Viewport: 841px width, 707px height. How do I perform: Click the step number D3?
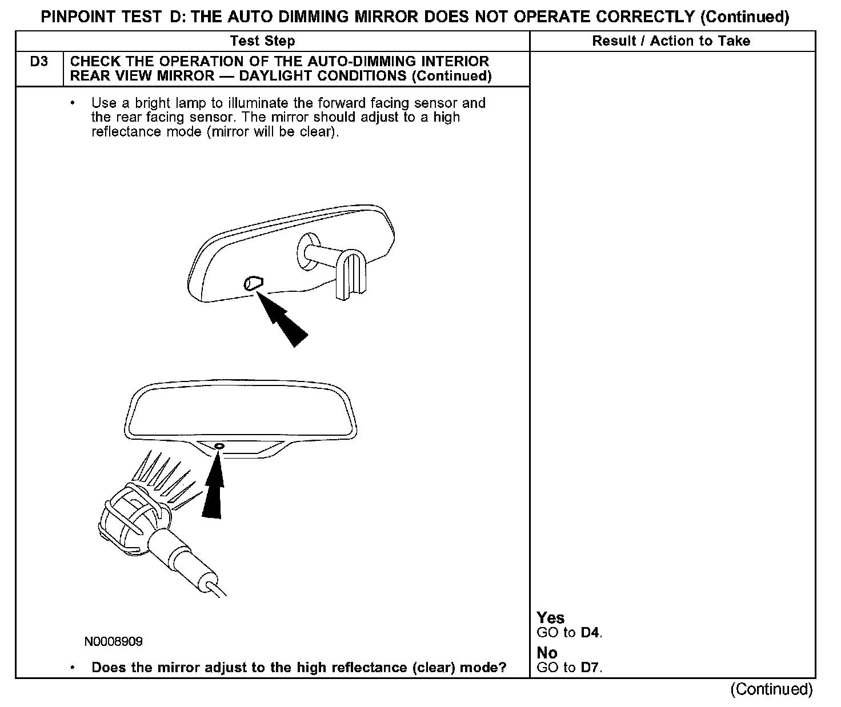tap(39, 62)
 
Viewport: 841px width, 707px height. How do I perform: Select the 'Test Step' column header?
tap(262, 41)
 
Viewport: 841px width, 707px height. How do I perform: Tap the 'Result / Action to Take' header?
tap(671, 41)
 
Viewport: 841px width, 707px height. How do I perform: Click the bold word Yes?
tap(550, 618)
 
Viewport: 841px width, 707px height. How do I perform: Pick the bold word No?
tap(547, 653)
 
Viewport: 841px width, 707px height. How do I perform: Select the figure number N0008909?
tap(114, 642)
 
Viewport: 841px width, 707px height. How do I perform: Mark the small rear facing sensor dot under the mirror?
tap(219, 445)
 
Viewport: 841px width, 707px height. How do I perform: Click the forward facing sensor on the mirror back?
tap(253, 282)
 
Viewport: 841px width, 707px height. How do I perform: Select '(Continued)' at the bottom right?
tap(771, 689)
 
